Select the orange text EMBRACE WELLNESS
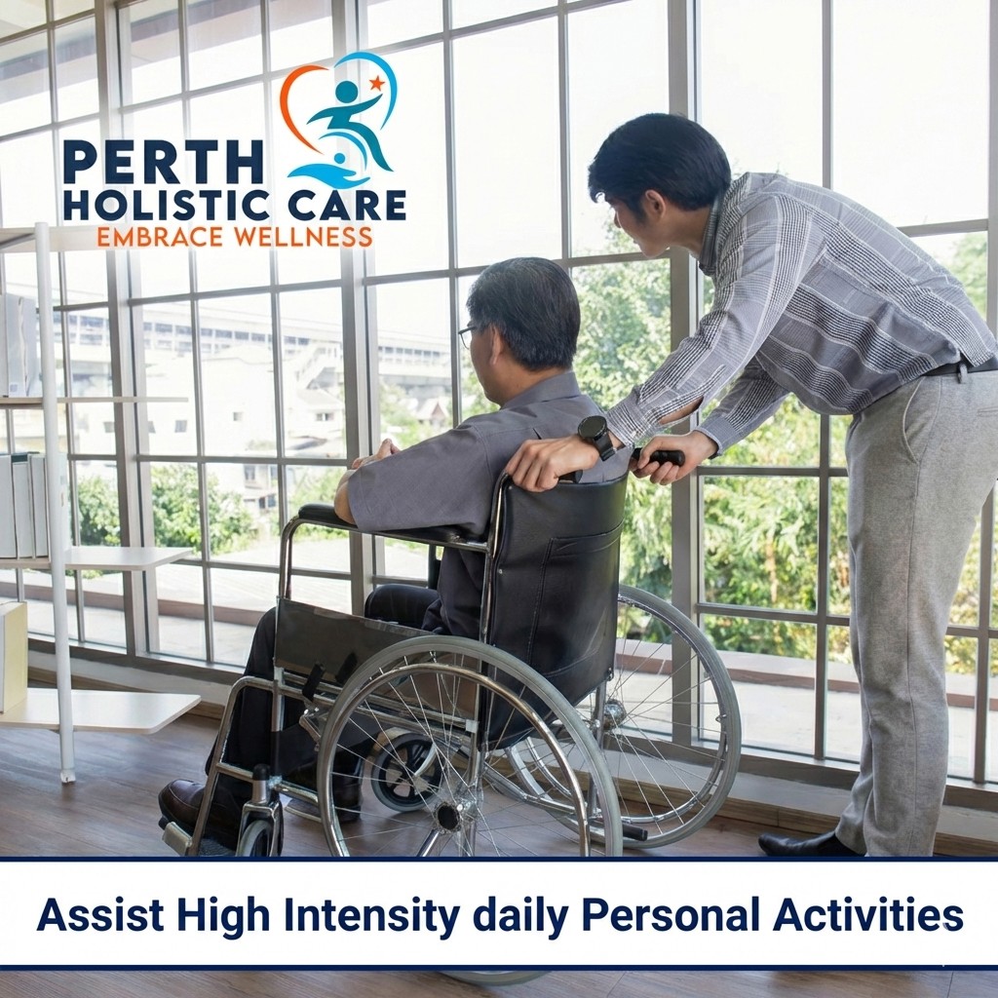click(x=234, y=237)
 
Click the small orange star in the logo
click(x=376, y=83)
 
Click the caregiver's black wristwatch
click(x=595, y=434)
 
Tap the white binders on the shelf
click(x=23, y=503)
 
